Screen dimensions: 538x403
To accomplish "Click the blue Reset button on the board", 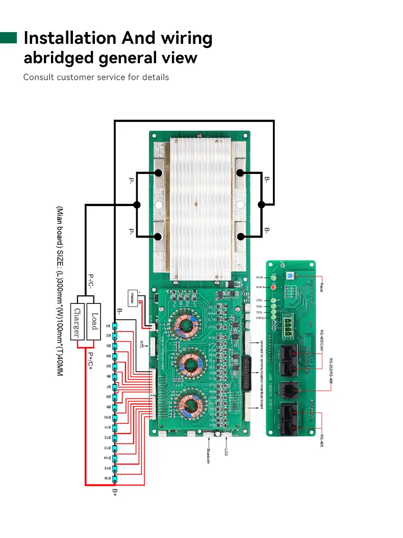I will [290, 276].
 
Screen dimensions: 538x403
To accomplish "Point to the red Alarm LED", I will [273, 287].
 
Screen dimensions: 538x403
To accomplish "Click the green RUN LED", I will [273, 277].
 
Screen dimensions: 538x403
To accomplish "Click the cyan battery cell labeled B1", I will [116, 325].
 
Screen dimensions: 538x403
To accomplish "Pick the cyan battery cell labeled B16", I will [116, 478].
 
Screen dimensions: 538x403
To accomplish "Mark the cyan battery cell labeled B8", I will [116, 397].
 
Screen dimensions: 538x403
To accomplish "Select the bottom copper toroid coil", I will [186, 403].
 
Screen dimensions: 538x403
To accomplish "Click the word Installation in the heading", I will [69, 38].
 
